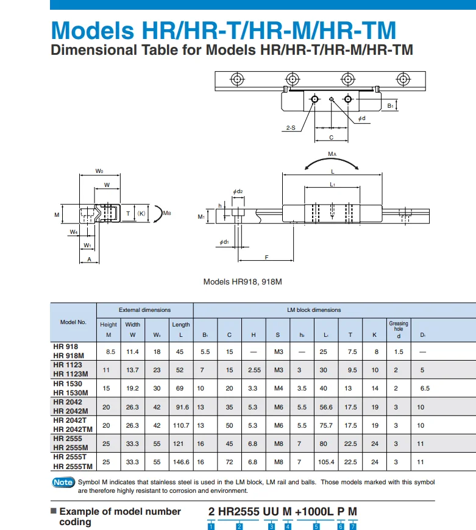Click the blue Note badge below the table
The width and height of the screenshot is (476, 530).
(x=63, y=482)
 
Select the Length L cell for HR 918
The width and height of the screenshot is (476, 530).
(x=180, y=352)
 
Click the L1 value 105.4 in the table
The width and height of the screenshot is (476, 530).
(x=326, y=462)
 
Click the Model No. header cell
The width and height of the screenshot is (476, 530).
(x=73, y=322)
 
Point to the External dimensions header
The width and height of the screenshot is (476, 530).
(x=144, y=310)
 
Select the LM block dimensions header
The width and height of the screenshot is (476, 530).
(x=314, y=310)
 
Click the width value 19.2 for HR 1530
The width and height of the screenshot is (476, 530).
(x=132, y=388)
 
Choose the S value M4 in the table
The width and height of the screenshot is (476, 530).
(x=279, y=388)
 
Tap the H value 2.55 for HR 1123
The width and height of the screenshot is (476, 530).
(x=254, y=370)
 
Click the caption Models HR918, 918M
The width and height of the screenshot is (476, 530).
(x=243, y=282)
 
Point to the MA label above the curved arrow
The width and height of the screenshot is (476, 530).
(x=332, y=155)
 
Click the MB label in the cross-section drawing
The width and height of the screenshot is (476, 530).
(x=167, y=213)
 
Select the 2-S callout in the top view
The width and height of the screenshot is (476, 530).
(x=290, y=128)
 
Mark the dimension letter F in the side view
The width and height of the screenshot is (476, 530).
(x=267, y=257)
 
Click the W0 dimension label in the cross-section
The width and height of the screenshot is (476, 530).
(x=99, y=171)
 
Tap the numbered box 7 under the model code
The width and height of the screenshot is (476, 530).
(x=353, y=526)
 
